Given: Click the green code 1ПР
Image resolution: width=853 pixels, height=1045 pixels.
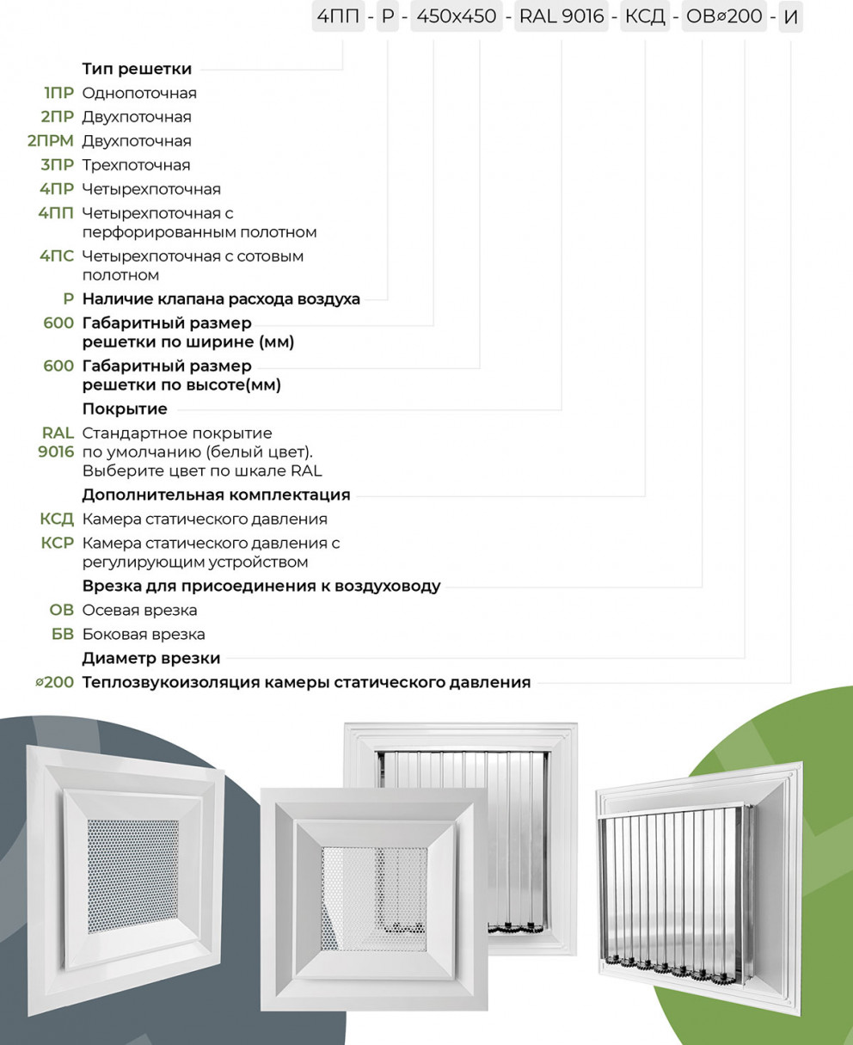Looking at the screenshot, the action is (x=59, y=93).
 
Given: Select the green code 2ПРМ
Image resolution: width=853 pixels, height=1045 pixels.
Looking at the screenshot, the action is (x=51, y=141).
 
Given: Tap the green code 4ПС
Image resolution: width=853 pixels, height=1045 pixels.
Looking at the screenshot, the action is (x=57, y=256).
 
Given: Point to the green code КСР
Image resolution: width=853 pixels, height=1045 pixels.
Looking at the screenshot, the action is (x=57, y=543).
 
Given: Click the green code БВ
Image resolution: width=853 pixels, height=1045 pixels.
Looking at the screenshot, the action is (x=63, y=634).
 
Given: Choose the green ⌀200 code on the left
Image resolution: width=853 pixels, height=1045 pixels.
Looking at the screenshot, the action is (x=54, y=682).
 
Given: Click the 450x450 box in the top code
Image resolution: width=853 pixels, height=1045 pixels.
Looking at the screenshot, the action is (x=457, y=17).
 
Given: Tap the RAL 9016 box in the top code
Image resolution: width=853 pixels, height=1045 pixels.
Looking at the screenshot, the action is (x=562, y=17).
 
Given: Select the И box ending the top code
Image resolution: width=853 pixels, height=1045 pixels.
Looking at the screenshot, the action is (x=790, y=17).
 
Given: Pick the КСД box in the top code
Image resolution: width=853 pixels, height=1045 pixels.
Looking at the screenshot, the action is (x=644, y=17).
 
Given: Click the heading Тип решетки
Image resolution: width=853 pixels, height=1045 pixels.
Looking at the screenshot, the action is (x=137, y=69).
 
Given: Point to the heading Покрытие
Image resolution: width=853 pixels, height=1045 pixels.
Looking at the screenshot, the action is (x=125, y=409).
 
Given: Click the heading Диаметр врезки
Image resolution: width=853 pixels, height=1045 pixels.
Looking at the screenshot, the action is (x=151, y=658).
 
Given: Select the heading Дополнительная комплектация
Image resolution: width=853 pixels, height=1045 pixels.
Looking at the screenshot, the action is (x=217, y=495).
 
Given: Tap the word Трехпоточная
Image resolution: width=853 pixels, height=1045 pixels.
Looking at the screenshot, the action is (x=136, y=165).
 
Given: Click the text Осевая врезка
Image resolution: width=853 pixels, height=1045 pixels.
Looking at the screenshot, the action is (x=139, y=610).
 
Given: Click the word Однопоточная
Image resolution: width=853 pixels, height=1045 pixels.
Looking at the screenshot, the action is (x=139, y=93).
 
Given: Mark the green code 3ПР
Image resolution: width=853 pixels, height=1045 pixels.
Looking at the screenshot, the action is (x=58, y=165).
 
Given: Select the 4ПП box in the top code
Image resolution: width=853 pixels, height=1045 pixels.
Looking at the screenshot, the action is (x=338, y=17).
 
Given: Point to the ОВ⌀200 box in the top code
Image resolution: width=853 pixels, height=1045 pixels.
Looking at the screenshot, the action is (x=724, y=17).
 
